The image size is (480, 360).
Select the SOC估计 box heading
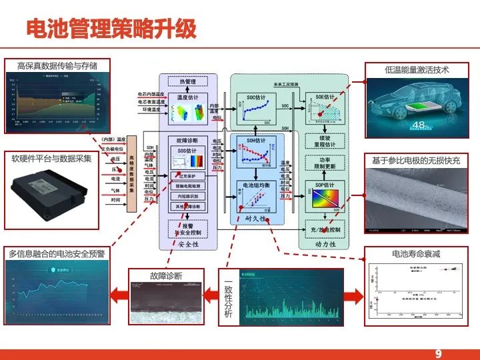(x=256, y=97)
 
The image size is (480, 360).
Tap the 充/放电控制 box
(x=324, y=229)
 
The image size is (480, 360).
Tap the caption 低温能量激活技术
(x=417, y=69)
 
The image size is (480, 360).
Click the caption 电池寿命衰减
(x=417, y=254)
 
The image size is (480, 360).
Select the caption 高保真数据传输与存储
(x=57, y=65)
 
